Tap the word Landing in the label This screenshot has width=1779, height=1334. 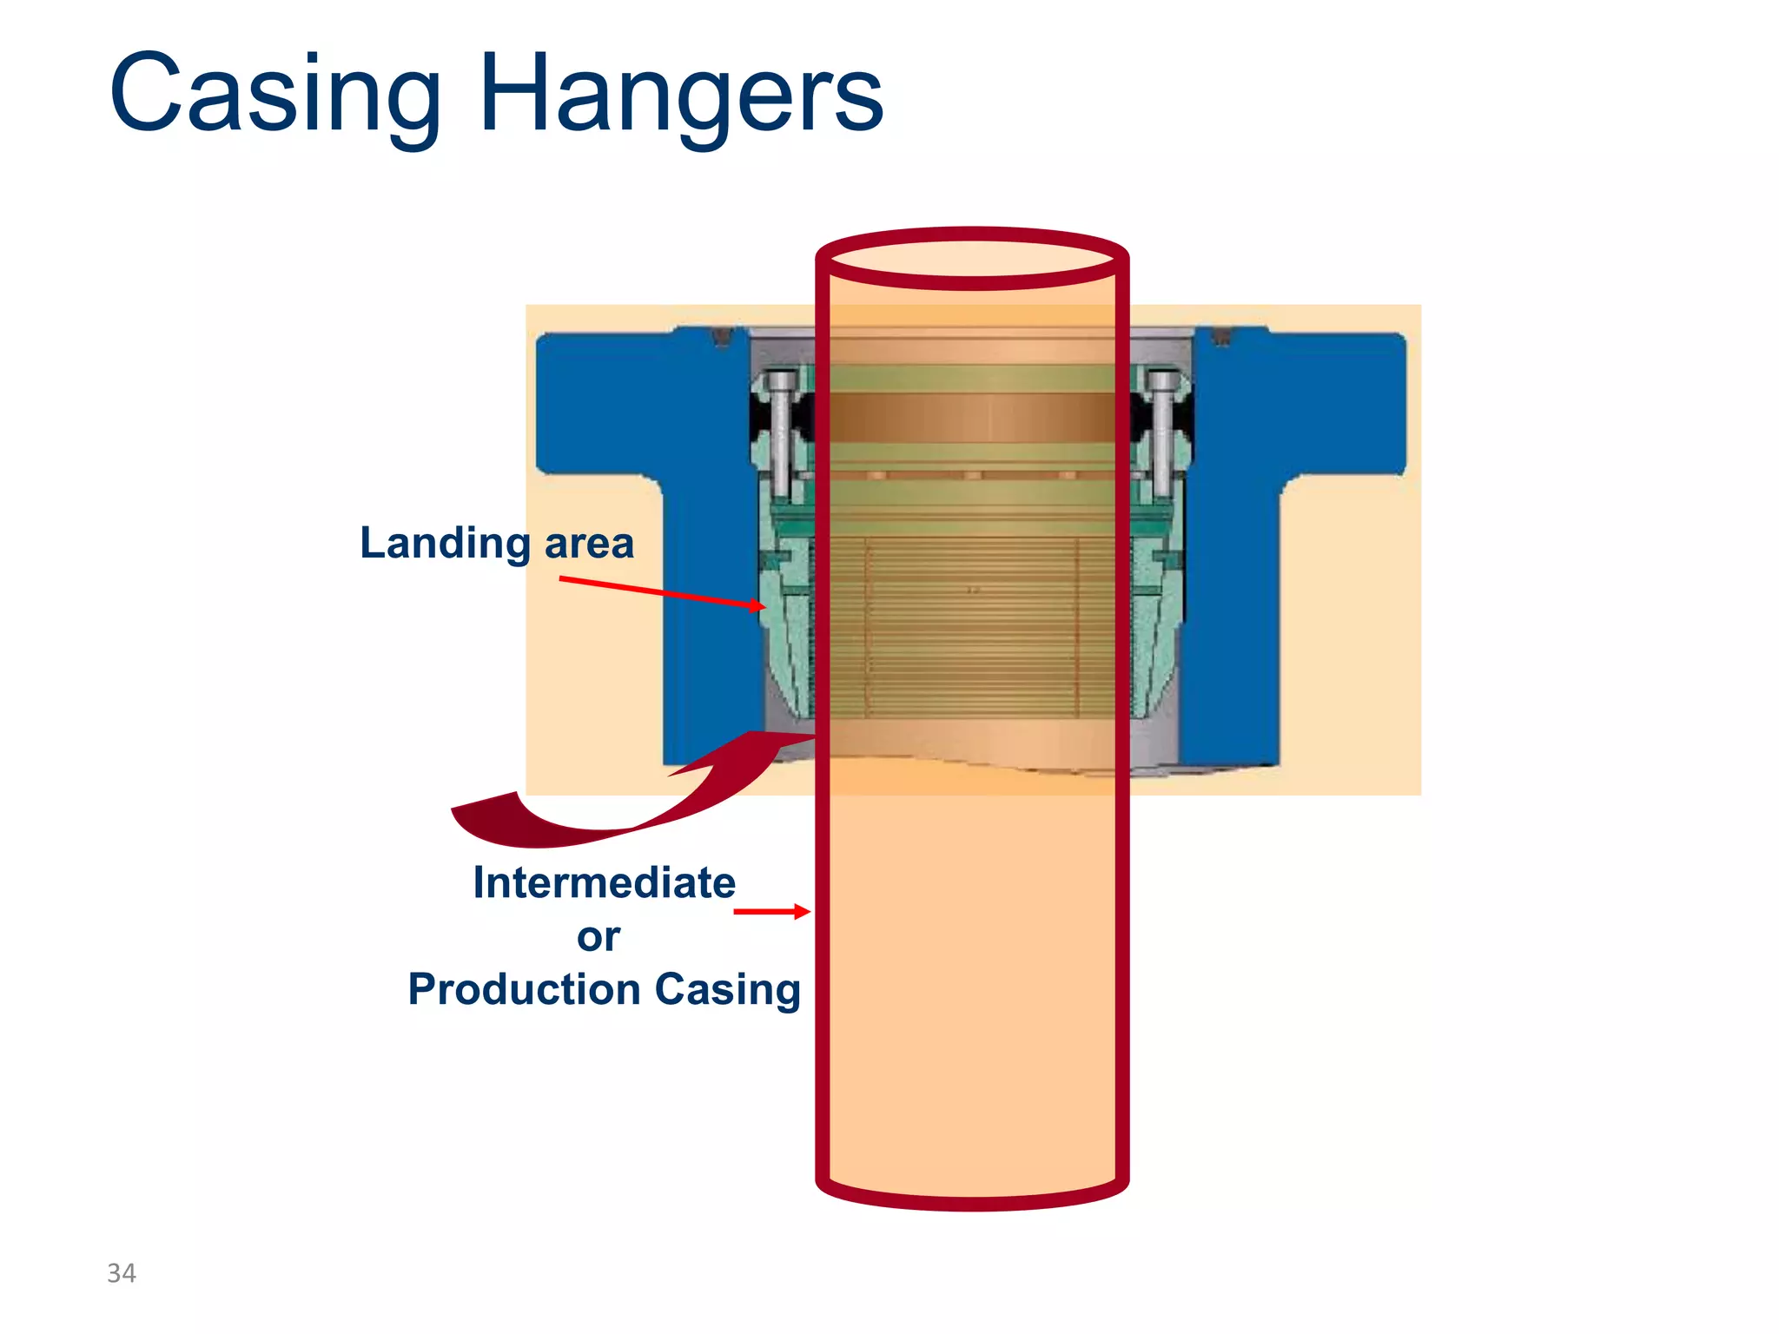point(445,544)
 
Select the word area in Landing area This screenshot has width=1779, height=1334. point(589,544)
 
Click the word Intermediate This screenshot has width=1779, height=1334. point(604,882)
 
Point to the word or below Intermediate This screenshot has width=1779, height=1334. point(599,936)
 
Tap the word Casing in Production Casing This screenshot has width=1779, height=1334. point(727,989)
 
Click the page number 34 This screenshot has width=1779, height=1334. point(122,1273)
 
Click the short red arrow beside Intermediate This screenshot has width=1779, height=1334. point(771,911)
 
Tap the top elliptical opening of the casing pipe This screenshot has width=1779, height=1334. point(972,258)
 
